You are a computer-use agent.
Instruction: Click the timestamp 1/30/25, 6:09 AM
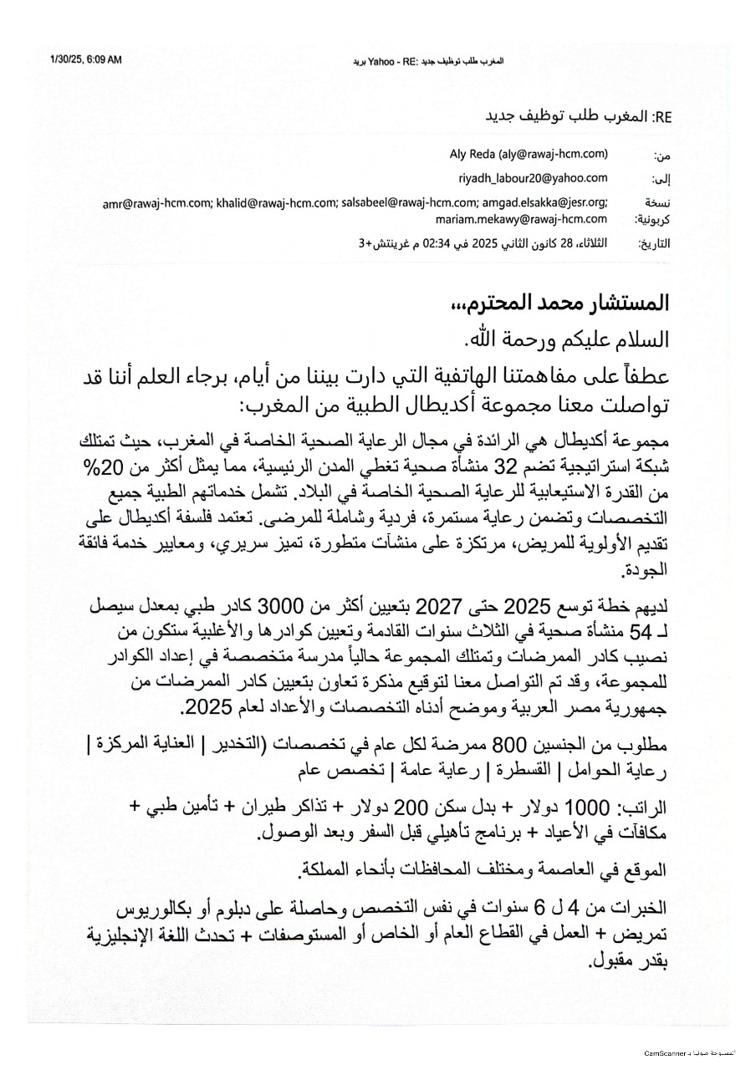(85, 60)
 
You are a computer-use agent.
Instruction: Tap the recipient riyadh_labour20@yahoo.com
(533, 178)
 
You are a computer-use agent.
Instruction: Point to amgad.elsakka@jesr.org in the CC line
(546, 202)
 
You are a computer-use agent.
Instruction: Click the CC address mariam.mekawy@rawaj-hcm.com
(521, 219)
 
